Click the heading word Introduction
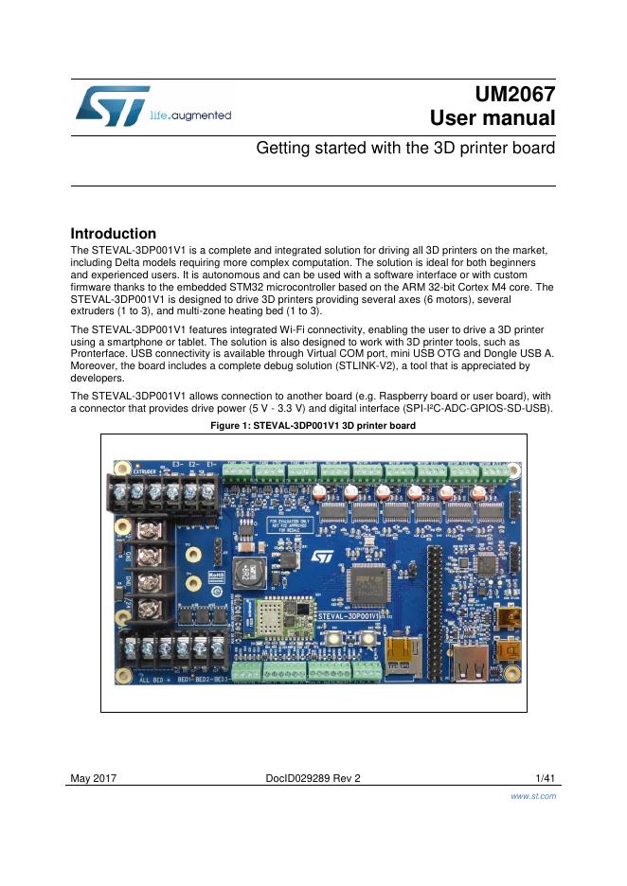(114, 234)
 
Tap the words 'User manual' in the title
(492, 118)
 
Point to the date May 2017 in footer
(94, 778)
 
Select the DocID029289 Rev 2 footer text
(313, 778)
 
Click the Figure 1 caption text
(313, 426)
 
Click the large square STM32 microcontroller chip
(367, 583)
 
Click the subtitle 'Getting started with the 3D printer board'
(406, 150)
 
